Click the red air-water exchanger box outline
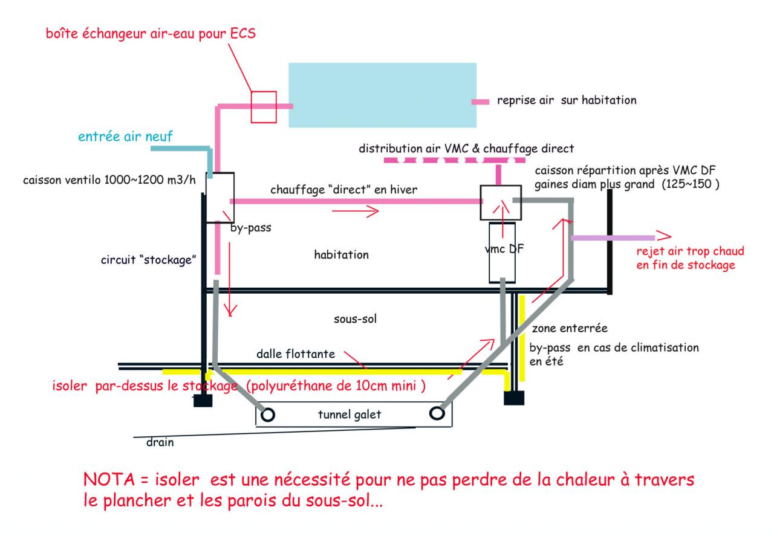coord(264,106)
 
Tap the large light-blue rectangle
coord(382,95)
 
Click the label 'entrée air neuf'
coord(125,137)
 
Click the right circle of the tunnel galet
coord(437,414)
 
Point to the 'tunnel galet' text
coord(349,414)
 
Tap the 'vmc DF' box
coord(502,252)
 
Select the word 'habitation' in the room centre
coord(342,254)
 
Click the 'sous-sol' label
coord(355,318)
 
